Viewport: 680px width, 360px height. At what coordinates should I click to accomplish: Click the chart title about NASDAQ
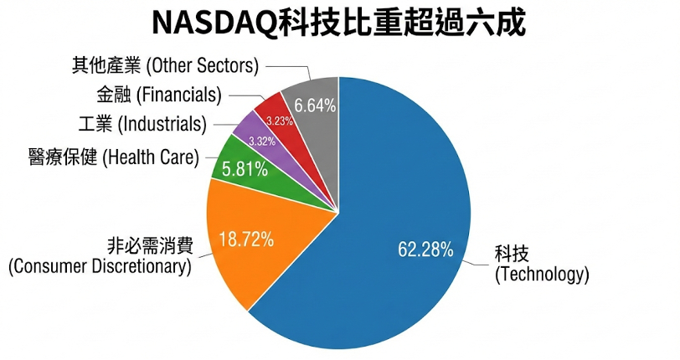(x=339, y=23)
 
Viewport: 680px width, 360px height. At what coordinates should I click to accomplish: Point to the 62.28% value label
(x=425, y=249)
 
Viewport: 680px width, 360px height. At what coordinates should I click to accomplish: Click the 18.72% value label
(x=246, y=239)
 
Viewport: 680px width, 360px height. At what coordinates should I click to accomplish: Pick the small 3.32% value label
(x=262, y=140)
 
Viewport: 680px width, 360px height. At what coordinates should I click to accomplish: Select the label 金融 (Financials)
(x=158, y=95)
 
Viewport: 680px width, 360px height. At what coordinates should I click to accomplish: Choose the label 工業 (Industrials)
(x=150, y=125)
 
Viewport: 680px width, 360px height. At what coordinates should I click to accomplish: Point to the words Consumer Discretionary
(x=100, y=267)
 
